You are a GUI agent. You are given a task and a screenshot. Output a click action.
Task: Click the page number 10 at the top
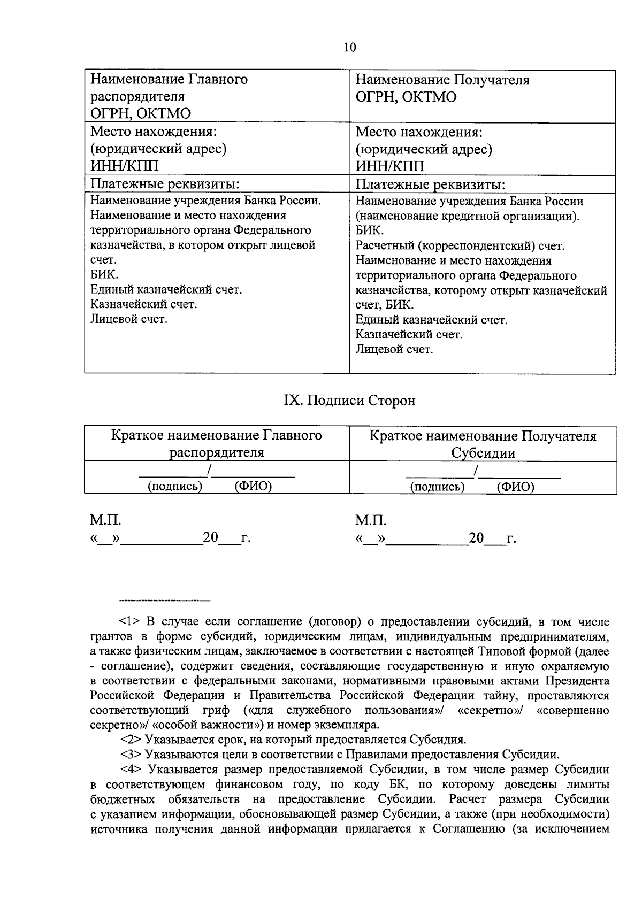[x=350, y=48]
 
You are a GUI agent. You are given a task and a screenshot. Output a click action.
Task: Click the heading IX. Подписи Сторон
[x=349, y=401]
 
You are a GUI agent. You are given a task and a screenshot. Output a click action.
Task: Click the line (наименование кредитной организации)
[x=468, y=217]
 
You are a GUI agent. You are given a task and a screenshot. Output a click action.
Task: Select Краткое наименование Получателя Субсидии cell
[x=483, y=444]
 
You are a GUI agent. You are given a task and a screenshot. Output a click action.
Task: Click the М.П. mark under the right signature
[x=371, y=521]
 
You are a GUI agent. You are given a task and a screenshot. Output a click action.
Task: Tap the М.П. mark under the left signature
[x=105, y=521]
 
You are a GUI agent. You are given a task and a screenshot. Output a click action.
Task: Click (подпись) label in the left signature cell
[x=175, y=487]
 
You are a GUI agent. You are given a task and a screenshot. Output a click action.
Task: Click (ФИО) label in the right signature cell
[x=515, y=487]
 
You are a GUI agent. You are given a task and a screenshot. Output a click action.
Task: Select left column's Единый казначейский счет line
[x=166, y=290]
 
